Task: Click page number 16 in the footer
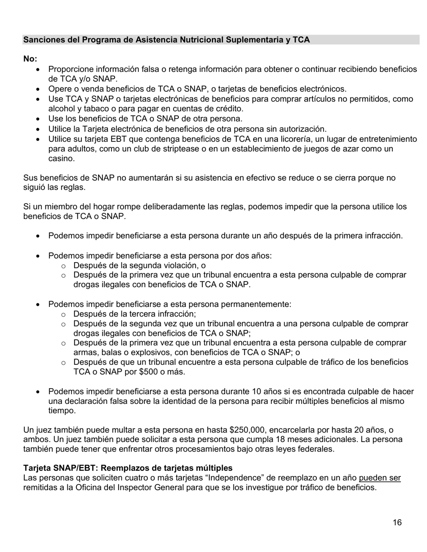396,522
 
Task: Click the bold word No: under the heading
30,59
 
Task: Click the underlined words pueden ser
380,478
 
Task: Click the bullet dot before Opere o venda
38,89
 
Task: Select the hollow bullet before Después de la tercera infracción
63,314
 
